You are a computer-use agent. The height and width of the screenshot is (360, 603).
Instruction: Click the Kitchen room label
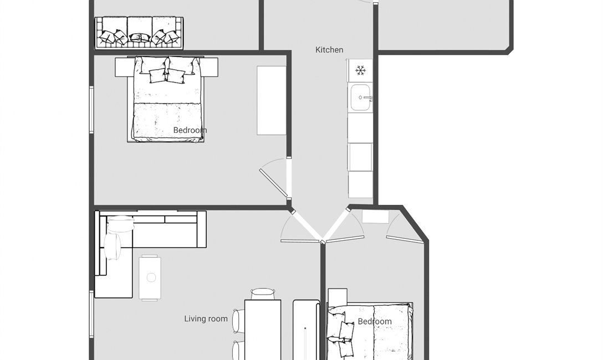(x=329, y=50)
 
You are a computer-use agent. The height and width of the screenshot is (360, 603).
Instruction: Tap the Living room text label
(x=206, y=319)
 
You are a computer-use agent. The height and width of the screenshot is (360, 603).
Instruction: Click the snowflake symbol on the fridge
(x=360, y=70)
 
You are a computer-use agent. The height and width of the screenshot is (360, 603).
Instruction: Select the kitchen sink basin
(x=360, y=97)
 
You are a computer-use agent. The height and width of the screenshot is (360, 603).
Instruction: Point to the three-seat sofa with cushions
(x=139, y=33)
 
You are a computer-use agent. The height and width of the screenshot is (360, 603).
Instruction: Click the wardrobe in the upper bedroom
(x=272, y=101)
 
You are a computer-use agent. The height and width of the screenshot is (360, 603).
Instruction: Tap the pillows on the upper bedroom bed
(x=167, y=70)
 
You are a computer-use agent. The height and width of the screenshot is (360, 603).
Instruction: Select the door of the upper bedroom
(x=273, y=183)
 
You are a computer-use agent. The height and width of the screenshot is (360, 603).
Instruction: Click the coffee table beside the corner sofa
(x=150, y=278)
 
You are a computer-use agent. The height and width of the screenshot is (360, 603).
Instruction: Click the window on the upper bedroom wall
(x=91, y=110)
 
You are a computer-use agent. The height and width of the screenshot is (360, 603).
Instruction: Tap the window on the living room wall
(x=91, y=314)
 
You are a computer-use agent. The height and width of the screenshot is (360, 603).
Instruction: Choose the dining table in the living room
(x=263, y=330)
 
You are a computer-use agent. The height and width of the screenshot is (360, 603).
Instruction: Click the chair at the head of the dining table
(x=263, y=294)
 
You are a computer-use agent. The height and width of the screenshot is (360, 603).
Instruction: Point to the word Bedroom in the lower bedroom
(x=375, y=322)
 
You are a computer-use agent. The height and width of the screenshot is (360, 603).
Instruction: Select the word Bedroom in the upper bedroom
(x=190, y=130)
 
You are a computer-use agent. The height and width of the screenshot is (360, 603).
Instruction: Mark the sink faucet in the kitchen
(x=367, y=98)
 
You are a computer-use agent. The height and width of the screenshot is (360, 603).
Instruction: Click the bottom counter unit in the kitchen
(x=360, y=185)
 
